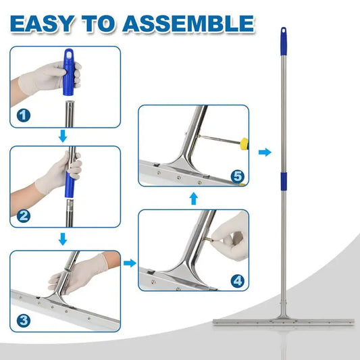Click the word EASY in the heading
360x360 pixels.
point(42,24)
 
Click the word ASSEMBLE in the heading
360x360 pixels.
point(188,24)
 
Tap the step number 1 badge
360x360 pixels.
point(24,115)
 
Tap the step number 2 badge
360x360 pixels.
point(24,216)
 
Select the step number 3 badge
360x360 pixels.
point(24,321)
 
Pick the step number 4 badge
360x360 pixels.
point(237,281)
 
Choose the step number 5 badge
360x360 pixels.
point(237,176)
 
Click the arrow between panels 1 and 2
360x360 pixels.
point(63,136)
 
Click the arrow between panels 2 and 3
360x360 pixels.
point(63,239)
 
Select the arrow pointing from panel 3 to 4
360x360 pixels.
point(130,263)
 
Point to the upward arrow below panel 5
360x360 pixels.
point(194,199)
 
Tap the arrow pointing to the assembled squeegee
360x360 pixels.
point(265,152)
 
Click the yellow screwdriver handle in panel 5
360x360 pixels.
point(245,144)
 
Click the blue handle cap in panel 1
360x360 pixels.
point(68,72)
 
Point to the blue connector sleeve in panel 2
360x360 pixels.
point(70,184)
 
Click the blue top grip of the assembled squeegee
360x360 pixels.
point(284,41)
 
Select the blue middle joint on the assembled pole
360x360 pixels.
point(284,181)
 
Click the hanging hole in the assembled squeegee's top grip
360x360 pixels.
point(284,30)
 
